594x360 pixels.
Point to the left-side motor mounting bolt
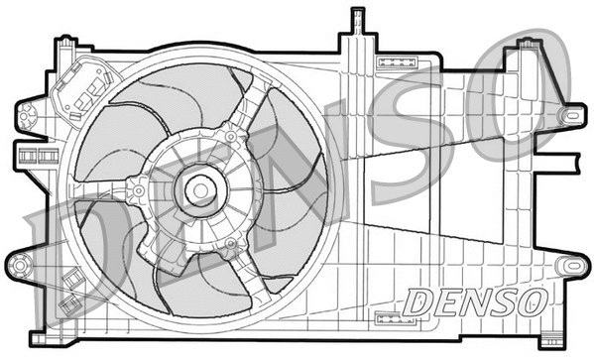pos(139,185)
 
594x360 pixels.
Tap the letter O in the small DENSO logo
pos(533,300)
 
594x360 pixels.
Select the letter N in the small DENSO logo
pos(474,300)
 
